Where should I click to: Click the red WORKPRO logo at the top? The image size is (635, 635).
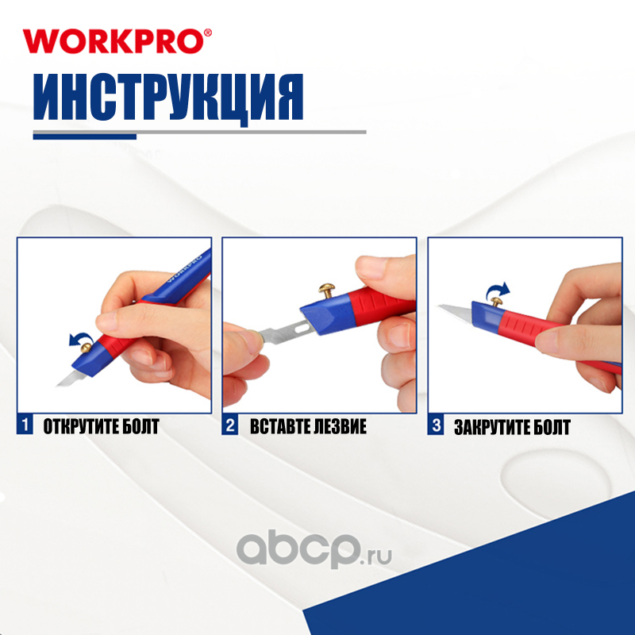[x=117, y=41]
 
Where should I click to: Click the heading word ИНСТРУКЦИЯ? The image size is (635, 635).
[x=168, y=97]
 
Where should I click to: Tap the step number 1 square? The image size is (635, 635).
[x=25, y=425]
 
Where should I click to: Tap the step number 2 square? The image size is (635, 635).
[x=229, y=425]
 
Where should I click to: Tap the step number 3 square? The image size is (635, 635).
[x=435, y=425]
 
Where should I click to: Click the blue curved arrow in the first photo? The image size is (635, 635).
[x=80, y=337]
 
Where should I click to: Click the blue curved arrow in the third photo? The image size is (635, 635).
[x=498, y=289]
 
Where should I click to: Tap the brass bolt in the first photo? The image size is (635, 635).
[x=86, y=348]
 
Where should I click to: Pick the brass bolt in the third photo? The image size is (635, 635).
[x=496, y=302]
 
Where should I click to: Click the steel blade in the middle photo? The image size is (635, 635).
[x=284, y=331]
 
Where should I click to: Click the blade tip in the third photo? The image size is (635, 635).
[x=439, y=306]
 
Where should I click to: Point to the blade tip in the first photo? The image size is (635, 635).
[x=57, y=385]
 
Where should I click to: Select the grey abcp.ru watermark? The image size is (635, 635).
[x=314, y=550]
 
